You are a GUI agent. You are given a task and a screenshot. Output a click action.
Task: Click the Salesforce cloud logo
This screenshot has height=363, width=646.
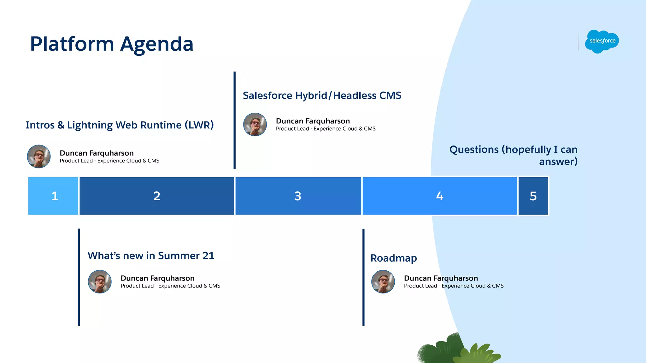pyautogui.click(x=602, y=41)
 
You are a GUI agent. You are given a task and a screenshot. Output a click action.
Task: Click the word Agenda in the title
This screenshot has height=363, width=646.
pyautogui.click(x=157, y=44)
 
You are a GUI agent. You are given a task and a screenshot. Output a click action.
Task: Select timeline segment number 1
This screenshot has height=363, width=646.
pyautogui.click(x=53, y=196)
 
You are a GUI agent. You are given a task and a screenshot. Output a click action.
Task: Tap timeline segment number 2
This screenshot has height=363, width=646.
pyautogui.click(x=157, y=196)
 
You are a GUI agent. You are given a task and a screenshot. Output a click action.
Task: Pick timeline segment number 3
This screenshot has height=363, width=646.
pyautogui.click(x=298, y=196)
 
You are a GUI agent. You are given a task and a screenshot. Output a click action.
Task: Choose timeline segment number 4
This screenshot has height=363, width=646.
pyautogui.click(x=440, y=196)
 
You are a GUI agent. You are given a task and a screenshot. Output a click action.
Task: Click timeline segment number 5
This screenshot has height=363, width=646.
pyautogui.click(x=533, y=196)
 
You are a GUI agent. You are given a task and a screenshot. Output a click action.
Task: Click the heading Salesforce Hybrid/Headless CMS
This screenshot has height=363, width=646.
pyautogui.click(x=322, y=95)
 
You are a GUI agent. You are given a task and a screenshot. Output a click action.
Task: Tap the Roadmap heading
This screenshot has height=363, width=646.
pyautogui.click(x=394, y=258)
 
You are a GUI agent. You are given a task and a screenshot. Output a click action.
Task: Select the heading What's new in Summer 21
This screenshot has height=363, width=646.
pyautogui.click(x=151, y=256)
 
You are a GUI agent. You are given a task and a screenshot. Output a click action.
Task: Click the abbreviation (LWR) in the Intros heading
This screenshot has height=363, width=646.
pyautogui.click(x=199, y=125)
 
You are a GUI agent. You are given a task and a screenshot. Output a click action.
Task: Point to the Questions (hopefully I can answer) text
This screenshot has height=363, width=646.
pyautogui.click(x=514, y=155)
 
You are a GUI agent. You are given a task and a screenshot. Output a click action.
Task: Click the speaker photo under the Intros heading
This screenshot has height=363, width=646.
pyautogui.click(x=39, y=156)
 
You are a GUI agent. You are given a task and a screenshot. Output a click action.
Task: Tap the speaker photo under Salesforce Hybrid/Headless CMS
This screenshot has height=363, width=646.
pyautogui.click(x=255, y=124)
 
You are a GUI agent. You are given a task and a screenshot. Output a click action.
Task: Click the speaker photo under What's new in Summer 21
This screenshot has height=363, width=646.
pyautogui.click(x=100, y=281)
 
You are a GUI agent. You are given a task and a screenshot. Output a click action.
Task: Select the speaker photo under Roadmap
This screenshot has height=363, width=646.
pyautogui.click(x=383, y=281)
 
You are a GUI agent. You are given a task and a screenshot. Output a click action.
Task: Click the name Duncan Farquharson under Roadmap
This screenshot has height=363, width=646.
pyautogui.click(x=441, y=278)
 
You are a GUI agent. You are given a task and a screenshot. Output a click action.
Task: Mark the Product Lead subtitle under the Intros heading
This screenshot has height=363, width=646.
pyautogui.click(x=109, y=161)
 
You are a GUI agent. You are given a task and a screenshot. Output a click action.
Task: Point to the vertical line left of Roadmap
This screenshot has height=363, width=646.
pyautogui.click(x=363, y=277)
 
